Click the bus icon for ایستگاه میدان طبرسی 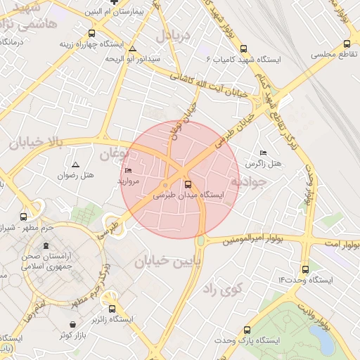pos(187,185)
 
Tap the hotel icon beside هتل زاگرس pos(263,153)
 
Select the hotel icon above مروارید pos(128,171)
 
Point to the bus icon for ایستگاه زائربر pos(112,309)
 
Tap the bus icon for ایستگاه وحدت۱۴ pos(304,269)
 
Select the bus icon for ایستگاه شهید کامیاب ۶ pos(244,49)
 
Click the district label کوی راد pos(222,288)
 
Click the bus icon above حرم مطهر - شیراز pos(25,217)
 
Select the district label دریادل pos(174,35)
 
